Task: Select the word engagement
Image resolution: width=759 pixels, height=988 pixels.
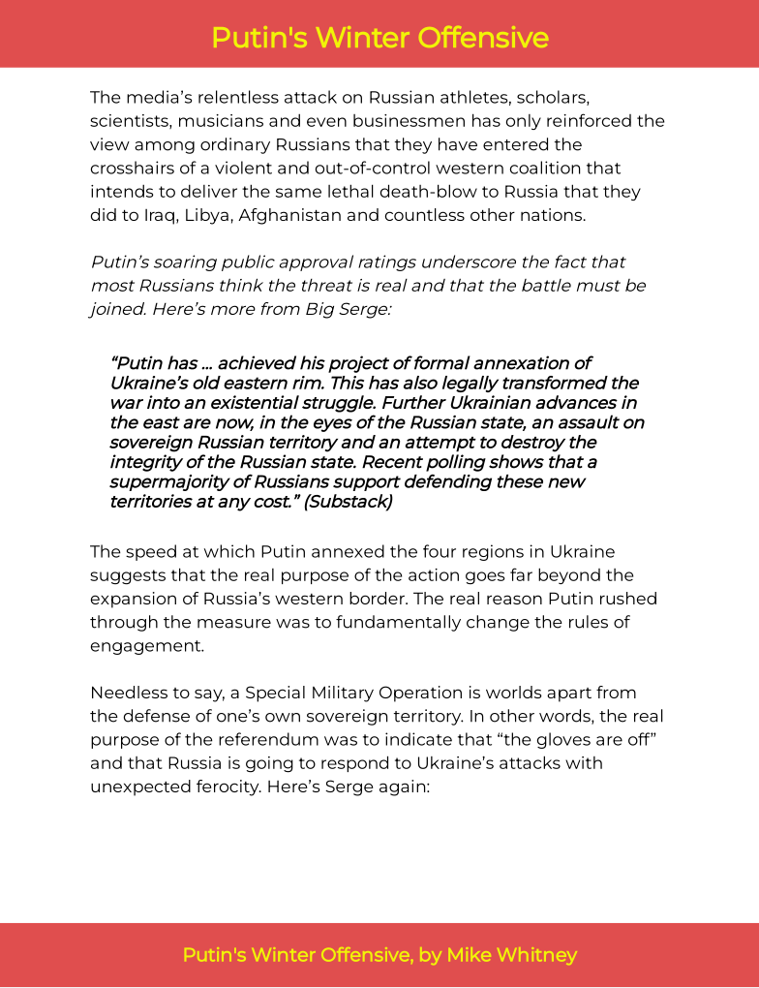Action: pos(147,645)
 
